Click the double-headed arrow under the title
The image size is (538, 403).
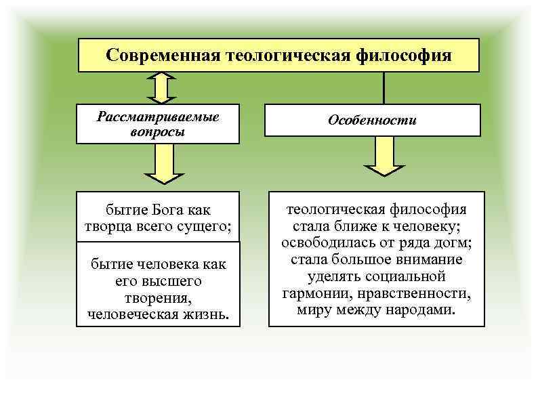click(161, 88)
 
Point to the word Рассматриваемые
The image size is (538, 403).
click(158, 116)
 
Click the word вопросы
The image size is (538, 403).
click(158, 131)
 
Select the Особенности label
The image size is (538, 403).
click(372, 121)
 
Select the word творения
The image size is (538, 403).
click(158, 297)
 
